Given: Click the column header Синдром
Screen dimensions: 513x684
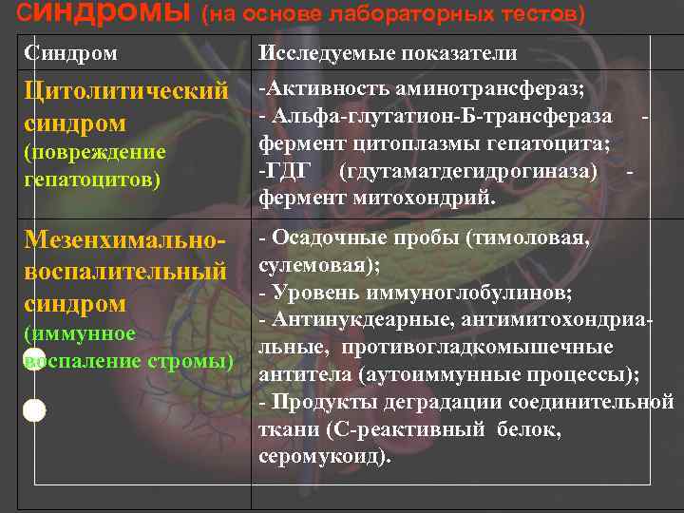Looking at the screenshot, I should click(70, 53).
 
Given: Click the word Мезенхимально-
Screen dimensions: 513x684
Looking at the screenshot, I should click(124, 240).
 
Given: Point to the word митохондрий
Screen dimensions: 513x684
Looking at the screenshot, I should click(438, 199).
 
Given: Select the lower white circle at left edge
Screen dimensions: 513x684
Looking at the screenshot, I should click(34, 410).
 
